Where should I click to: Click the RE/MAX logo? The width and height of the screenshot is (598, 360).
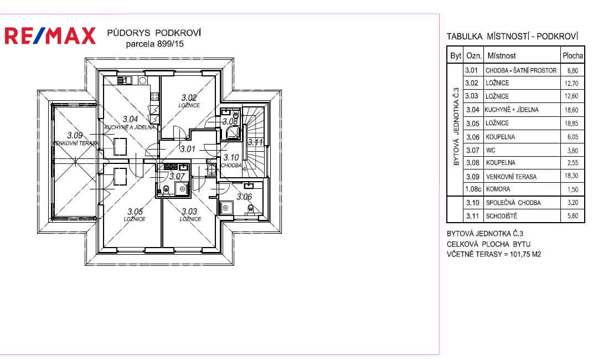[x=50, y=36]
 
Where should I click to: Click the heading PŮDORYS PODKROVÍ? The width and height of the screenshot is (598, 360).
[x=154, y=33]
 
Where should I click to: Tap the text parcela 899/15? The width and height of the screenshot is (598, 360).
[x=155, y=44]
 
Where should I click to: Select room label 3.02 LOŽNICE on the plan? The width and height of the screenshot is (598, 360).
[x=189, y=101]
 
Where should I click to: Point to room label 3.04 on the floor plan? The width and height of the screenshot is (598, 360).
[x=131, y=119]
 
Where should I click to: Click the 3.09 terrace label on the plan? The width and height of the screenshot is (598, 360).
[x=75, y=135]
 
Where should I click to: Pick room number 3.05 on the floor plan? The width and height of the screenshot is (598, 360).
[x=135, y=211]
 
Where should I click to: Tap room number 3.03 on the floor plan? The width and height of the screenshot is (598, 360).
[x=189, y=211]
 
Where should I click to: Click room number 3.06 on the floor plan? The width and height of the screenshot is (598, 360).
[x=244, y=197]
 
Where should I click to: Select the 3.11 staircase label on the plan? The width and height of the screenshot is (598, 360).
[x=255, y=142]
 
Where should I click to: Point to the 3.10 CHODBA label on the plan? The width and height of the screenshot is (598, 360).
[x=231, y=161]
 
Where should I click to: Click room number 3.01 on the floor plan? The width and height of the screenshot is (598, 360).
[x=188, y=149]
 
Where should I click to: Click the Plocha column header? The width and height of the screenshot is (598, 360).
[x=573, y=56]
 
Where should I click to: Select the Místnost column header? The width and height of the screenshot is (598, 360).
[x=502, y=56]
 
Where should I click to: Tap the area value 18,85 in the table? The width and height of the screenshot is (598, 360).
[x=571, y=124]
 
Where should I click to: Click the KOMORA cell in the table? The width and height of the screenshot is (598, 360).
[x=498, y=189]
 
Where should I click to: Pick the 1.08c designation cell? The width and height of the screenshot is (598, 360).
[x=473, y=189]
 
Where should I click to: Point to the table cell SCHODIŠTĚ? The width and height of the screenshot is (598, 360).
[x=502, y=216]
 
